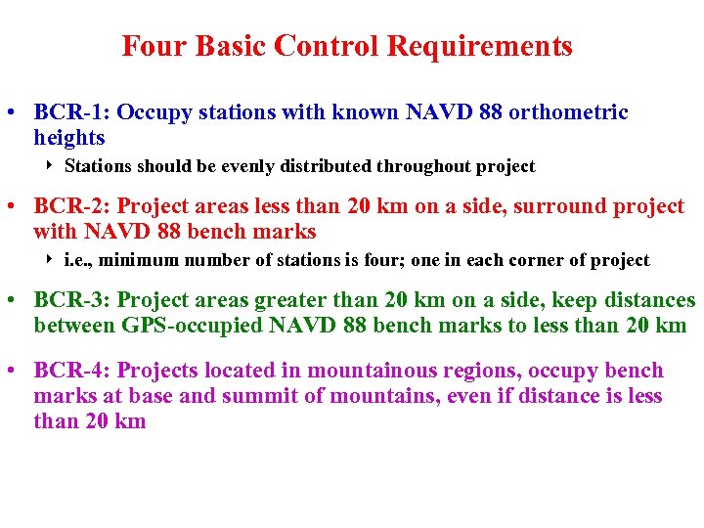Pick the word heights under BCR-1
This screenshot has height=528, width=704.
68,138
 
